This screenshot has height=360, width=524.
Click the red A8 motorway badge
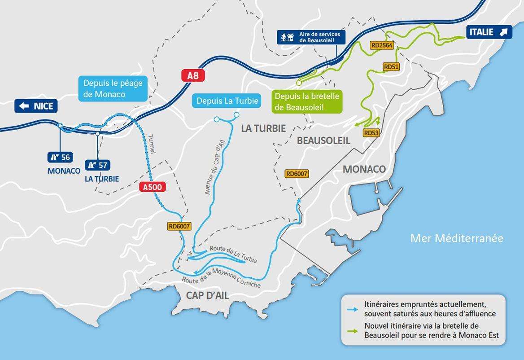193,75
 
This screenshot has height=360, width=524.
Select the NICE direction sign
36,106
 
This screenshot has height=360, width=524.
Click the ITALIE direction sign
489,32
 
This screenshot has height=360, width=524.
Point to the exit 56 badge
60,157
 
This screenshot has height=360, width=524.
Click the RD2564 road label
382,45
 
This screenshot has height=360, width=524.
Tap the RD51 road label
391,66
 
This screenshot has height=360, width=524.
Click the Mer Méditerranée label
457,238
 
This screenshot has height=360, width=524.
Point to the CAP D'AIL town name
207,295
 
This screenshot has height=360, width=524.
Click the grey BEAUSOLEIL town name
323,140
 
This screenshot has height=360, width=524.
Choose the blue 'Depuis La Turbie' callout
227,101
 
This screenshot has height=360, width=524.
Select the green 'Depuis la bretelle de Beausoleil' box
307,102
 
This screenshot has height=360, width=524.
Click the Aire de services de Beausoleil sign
311,37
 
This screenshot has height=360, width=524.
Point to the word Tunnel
151,145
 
